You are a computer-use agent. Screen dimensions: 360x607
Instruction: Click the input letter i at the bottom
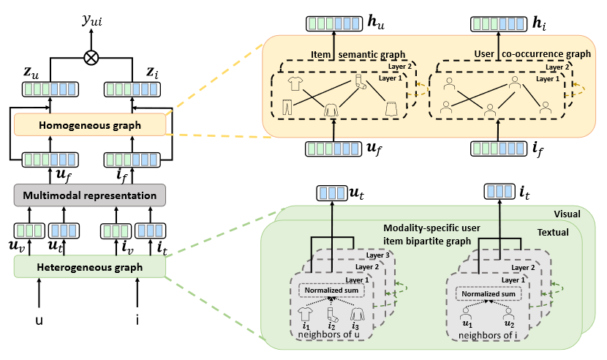click(138, 320)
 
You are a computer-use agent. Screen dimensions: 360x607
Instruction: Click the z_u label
click(34, 73)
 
